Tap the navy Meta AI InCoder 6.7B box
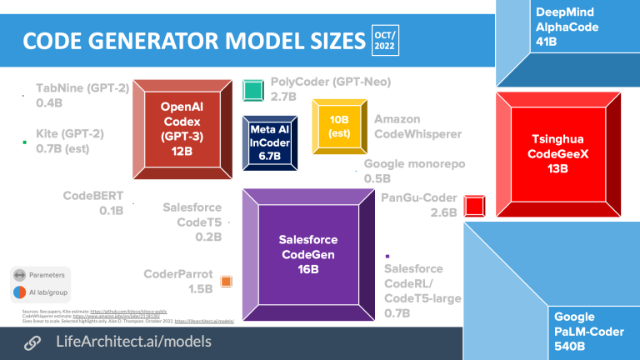click(268, 137)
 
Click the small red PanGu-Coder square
click(475, 206)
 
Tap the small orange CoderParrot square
click(226, 282)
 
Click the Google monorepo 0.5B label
click(413, 172)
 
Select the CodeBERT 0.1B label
click(93, 203)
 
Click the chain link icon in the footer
click(32, 342)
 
